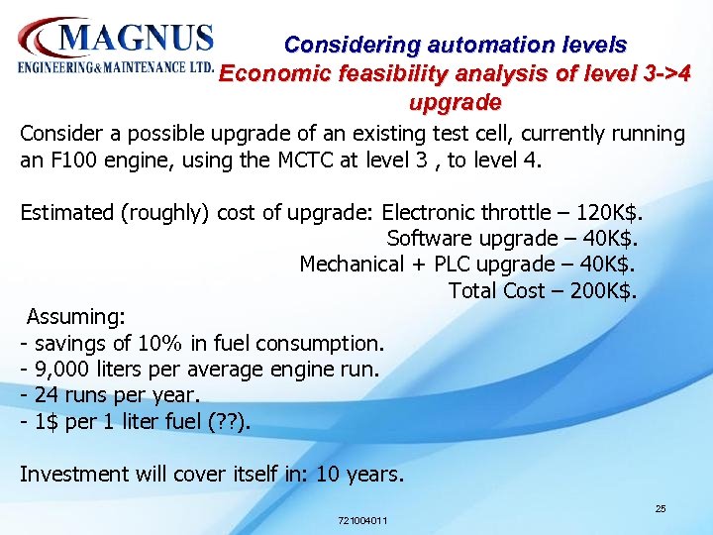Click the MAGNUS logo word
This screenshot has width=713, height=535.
tap(136, 40)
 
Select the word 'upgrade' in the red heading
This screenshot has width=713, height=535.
tap(455, 102)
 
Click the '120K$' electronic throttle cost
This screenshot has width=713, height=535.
tap(600, 212)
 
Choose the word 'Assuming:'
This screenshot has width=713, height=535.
tap(76, 317)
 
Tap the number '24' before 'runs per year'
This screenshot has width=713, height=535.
tap(46, 395)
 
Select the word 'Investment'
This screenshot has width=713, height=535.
tap(69, 474)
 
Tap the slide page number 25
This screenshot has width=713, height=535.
tap(660, 508)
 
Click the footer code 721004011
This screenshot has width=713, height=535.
tap(362, 520)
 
